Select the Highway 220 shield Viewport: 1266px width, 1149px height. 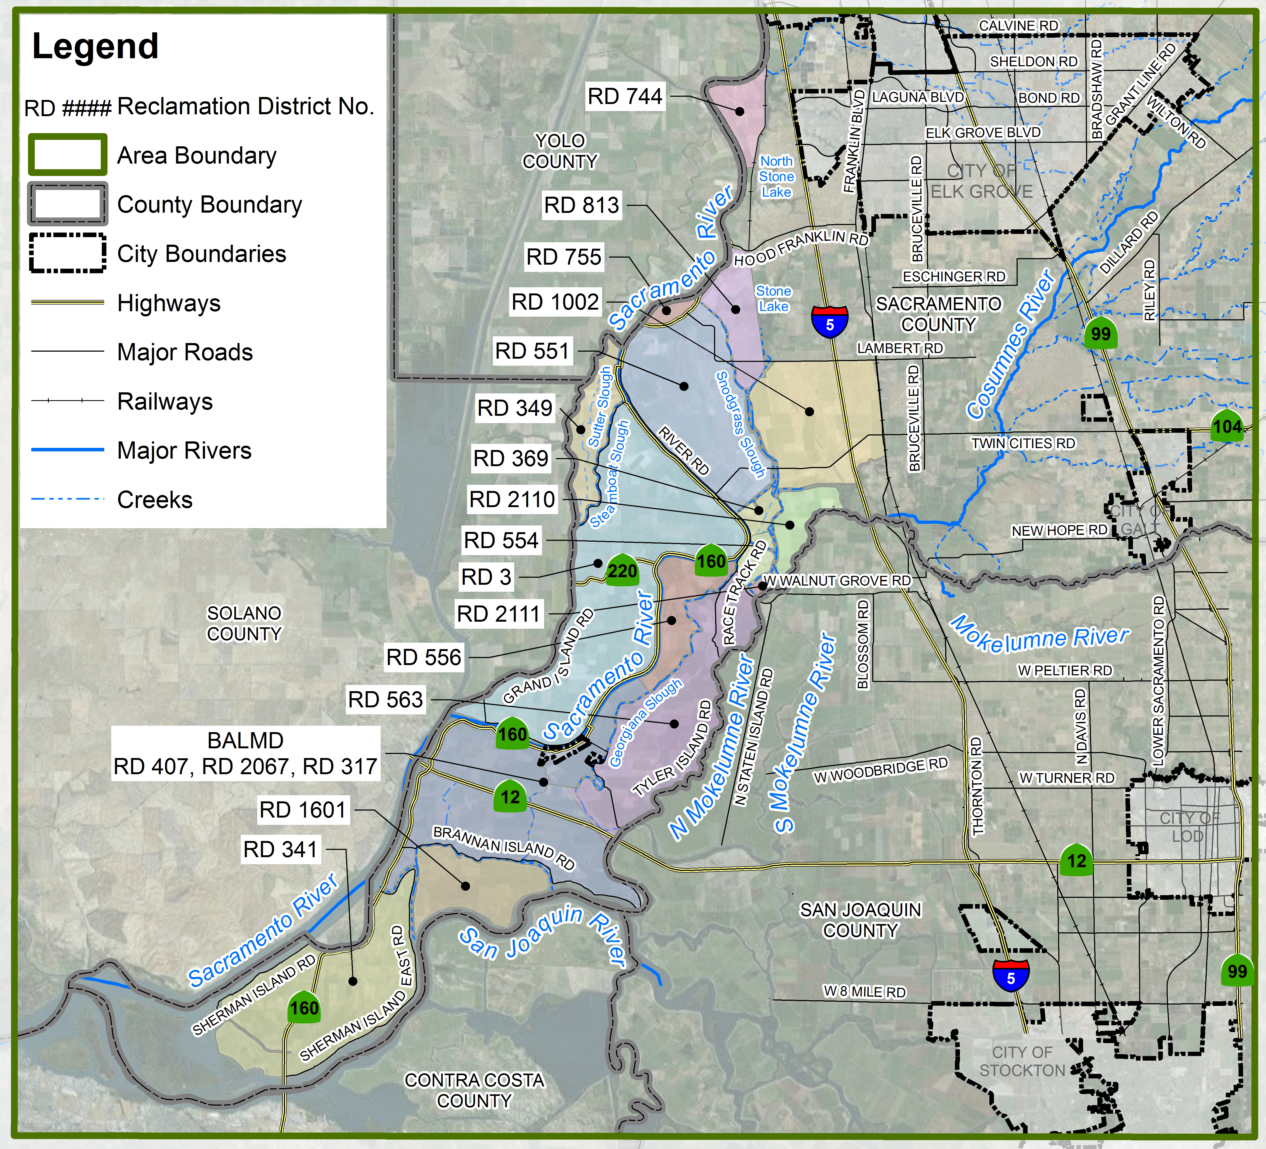[622, 570]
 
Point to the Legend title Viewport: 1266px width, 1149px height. [95, 47]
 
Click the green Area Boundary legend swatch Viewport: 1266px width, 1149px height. [67, 155]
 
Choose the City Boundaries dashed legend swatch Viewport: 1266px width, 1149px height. [67, 253]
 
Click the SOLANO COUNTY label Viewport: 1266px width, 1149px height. [244, 623]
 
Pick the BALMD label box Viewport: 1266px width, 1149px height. [246, 753]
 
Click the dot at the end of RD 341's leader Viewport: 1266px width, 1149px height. [353, 981]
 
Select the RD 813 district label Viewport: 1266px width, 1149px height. [582, 205]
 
